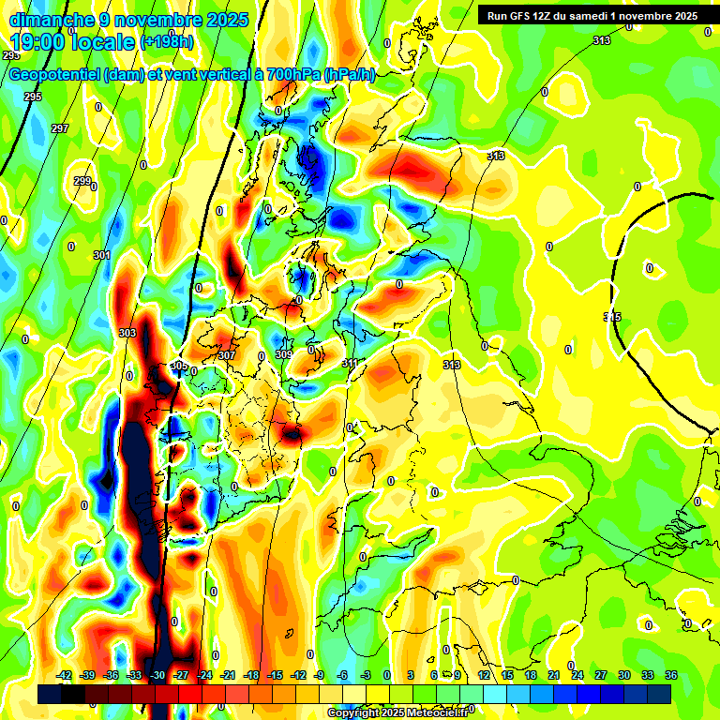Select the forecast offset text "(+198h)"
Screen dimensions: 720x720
click(x=167, y=42)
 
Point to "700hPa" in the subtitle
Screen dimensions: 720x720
click(x=292, y=75)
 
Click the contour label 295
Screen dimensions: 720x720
click(x=33, y=97)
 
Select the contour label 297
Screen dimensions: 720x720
click(x=60, y=128)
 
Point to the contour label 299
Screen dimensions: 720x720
click(x=82, y=181)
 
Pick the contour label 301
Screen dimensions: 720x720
click(x=102, y=255)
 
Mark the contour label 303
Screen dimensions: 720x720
click(x=128, y=333)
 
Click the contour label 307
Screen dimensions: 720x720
click(x=226, y=355)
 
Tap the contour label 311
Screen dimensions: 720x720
click(x=350, y=363)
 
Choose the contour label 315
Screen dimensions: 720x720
click(x=612, y=318)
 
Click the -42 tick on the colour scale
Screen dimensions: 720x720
click(x=65, y=675)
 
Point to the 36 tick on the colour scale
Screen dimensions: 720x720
click(x=671, y=675)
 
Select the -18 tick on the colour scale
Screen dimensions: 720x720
click(x=251, y=675)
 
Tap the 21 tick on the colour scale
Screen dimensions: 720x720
click(x=554, y=675)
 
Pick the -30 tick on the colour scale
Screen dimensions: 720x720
click(x=158, y=675)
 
